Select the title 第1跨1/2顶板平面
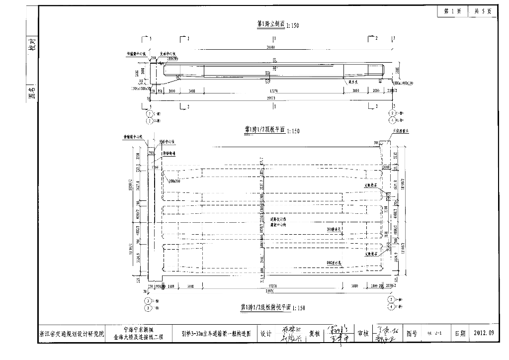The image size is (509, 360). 263,130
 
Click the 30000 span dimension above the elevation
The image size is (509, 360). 271,48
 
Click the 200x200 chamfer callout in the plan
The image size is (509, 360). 174,181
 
